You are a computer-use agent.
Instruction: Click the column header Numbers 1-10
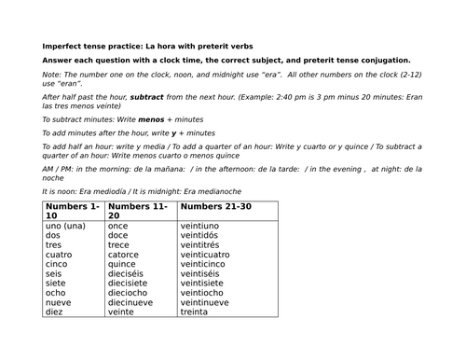(71, 210)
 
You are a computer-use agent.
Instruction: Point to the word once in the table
(118, 227)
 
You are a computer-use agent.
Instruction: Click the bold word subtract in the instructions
(150, 97)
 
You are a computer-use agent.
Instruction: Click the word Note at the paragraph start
(52, 79)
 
